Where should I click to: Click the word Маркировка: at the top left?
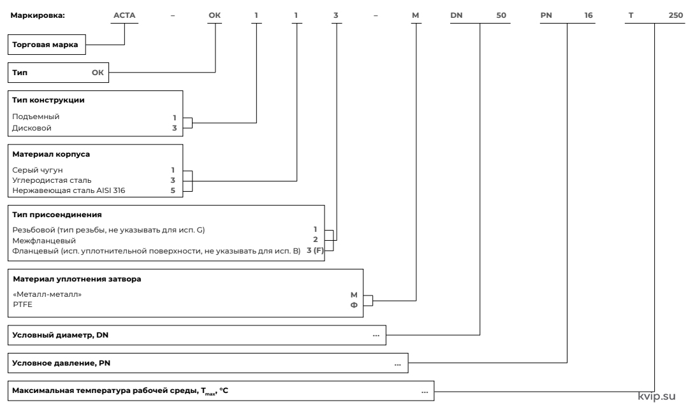pos(37,15)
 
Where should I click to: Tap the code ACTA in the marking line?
pos(124,15)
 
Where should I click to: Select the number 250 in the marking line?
pos(675,15)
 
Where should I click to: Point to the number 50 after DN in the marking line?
pos(501,15)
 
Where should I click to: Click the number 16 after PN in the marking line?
pos(588,15)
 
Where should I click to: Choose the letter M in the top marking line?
pos(415,15)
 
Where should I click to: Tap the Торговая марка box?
pos(47,45)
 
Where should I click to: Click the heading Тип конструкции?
pos(48,100)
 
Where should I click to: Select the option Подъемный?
pos(36,117)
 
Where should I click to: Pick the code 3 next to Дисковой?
pos(174,128)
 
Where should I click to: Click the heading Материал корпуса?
pos(51,154)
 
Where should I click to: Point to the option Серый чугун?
pos(38,170)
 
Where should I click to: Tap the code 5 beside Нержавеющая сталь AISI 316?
pos(173,190)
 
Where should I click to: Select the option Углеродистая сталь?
pos(52,180)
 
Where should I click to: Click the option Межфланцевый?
pos(44,241)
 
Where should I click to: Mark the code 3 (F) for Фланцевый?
pos(315,251)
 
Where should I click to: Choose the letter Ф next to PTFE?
pos(354,304)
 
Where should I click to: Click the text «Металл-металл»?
pos(47,294)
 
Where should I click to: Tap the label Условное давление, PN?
pos(61,363)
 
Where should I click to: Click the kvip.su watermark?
pos(657,396)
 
